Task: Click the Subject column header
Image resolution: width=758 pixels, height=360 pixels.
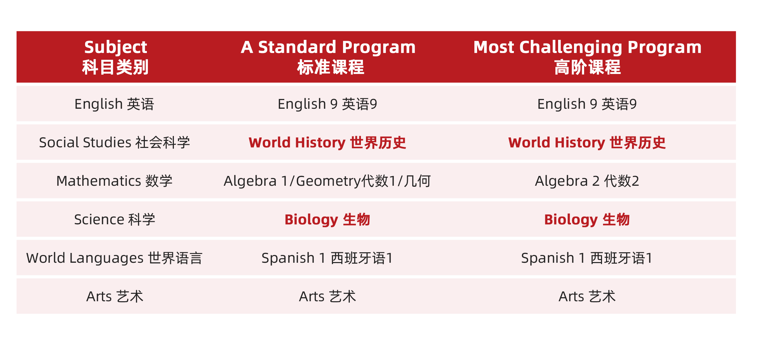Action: click(x=115, y=57)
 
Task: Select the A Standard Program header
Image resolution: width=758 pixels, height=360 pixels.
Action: click(x=328, y=57)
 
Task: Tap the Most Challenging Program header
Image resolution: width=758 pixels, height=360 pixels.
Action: click(x=587, y=57)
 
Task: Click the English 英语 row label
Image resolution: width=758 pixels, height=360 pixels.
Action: click(x=114, y=104)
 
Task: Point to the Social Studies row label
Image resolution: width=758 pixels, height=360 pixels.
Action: click(x=114, y=143)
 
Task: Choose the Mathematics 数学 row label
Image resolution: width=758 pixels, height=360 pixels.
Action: click(x=114, y=181)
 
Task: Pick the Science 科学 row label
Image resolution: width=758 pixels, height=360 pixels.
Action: click(x=114, y=220)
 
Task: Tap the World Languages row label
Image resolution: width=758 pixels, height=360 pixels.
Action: click(x=114, y=258)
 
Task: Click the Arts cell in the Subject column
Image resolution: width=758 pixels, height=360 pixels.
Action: click(x=115, y=297)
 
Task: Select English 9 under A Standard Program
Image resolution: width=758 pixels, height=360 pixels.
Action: click(x=327, y=104)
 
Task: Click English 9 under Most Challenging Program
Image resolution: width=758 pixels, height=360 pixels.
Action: click(x=587, y=104)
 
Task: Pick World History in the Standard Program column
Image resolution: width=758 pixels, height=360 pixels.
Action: click(x=327, y=143)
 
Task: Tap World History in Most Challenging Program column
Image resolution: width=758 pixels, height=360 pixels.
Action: click(x=587, y=143)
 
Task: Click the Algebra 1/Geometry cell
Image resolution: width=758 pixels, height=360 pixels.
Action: click(x=327, y=181)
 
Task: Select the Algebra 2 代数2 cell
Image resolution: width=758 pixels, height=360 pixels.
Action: click(x=587, y=181)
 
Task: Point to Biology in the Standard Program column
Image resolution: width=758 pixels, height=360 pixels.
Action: click(x=327, y=220)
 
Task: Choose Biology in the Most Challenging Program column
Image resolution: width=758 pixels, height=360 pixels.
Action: click(x=587, y=220)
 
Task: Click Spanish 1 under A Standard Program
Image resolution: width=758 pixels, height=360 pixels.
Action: click(x=327, y=258)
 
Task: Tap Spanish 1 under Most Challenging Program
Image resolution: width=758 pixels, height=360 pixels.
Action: click(x=587, y=258)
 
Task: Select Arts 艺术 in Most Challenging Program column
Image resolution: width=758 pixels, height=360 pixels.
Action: click(x=587, y=297)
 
